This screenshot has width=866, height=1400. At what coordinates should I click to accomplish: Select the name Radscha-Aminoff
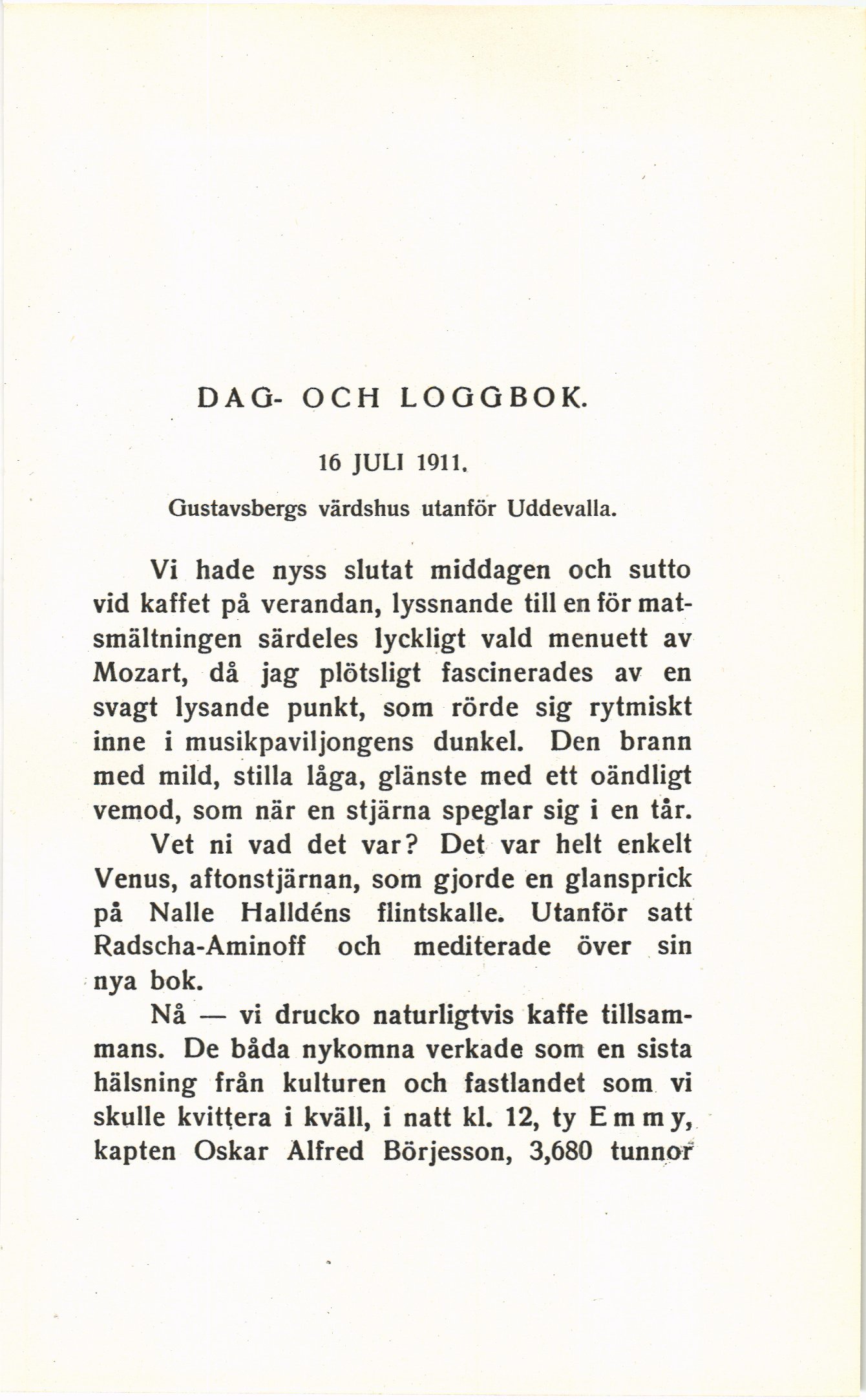pyautogui.click(x=200, y=947)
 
